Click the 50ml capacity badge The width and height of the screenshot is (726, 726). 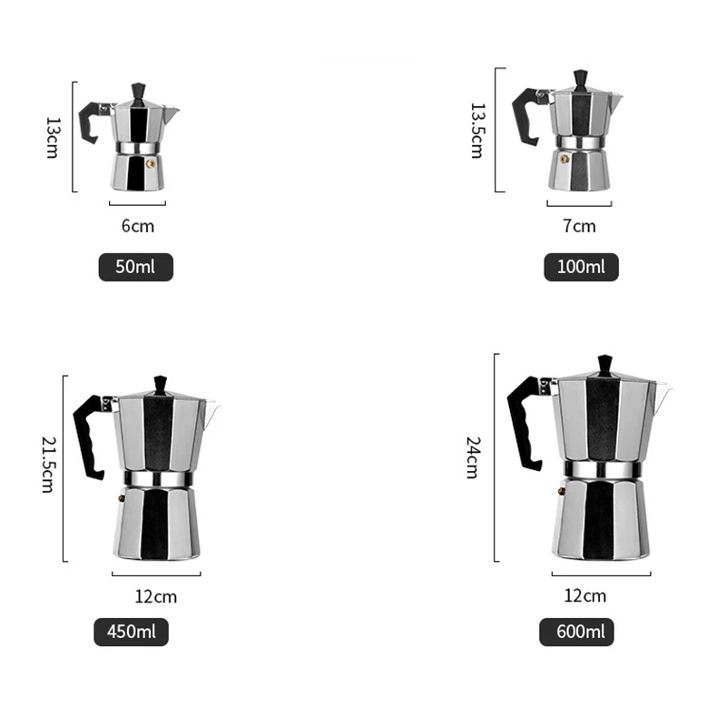point(135,268)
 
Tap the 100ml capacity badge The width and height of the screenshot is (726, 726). point(581,267)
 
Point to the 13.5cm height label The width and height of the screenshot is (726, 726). point(476,130)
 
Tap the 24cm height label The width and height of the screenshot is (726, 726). point(472,457)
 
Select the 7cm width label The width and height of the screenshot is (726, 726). point(579,226)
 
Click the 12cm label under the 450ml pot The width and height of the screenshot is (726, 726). point(155,596)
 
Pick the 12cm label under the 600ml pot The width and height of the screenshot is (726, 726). point(584,596)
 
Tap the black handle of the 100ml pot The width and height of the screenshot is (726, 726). point(525,118)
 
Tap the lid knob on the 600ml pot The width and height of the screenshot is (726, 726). point(604,365)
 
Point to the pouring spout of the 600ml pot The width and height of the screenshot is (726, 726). point(663,395)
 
